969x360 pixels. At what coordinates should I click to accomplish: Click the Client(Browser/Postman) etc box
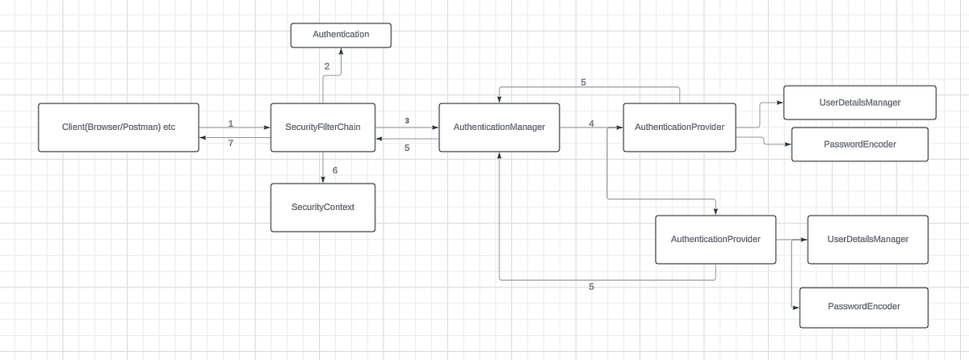[x=119, y=128]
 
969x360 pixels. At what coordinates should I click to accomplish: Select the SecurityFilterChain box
[x=322, y=128]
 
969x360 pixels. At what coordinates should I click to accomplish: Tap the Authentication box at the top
[x=341, y=35]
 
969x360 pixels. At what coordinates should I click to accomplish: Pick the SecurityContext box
[x=322, y=207]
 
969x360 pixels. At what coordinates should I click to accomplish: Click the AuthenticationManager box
[x=499, y=128]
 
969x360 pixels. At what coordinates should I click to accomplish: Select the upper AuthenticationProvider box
[x=679, y=128]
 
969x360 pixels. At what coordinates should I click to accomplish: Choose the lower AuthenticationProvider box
[x=715, y=240]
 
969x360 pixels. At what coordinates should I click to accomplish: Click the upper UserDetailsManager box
[x=860, y=103]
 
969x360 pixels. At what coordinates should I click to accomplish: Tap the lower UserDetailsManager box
[x=868, y=240]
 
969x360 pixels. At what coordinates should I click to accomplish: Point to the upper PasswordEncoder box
[x=860, y=144]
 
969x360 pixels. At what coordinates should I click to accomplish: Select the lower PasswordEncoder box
[x=864, y=307]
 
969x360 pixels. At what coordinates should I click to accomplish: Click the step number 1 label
[x=230, y=123]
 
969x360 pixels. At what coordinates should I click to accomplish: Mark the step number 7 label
[x=230, y=142]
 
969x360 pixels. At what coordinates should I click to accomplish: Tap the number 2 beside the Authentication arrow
[x=327, y=66]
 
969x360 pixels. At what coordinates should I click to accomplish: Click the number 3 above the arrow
[x=407, y=120]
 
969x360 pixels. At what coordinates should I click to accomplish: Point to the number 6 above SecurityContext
[x=334, y=170]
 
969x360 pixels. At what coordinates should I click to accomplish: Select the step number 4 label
[x=591, y=123]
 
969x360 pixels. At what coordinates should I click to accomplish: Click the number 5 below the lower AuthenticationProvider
[x=591, y=287]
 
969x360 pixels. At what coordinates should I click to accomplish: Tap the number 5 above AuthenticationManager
[x=583, y=82]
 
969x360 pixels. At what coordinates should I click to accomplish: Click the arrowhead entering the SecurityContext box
[x=322, y=180]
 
